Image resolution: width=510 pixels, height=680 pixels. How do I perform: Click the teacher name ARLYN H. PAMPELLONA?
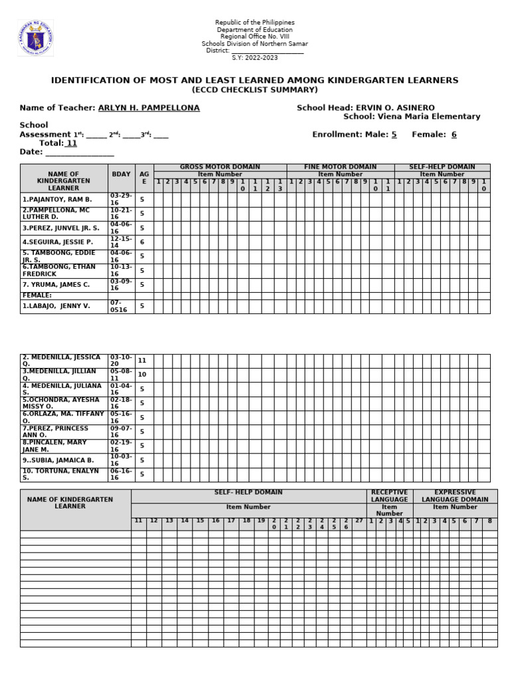(x=149, y=108)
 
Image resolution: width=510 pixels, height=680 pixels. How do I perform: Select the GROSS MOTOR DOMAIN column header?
(x=220, y=167)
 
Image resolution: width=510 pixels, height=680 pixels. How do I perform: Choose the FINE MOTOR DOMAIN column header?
(x=340, y=167)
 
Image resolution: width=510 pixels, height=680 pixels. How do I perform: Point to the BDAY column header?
(x=121, y=174)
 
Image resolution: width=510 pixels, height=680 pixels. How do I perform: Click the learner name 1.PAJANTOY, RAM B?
(x=57, y=199)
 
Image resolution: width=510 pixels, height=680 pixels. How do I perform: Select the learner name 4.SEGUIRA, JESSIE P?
(x=57, y=242)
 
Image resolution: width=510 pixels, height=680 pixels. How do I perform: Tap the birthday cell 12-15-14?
(x=122, y=242)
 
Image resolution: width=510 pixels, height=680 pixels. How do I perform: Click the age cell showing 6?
(x=142, y=242)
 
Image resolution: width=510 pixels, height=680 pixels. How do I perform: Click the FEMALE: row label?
(x=37, y=296)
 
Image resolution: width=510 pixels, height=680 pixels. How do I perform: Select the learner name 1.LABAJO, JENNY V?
(x=56, y=306)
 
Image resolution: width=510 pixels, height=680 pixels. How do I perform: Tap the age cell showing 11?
(x=142, y=361)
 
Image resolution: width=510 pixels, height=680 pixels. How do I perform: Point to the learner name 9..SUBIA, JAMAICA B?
(x=58, y=460)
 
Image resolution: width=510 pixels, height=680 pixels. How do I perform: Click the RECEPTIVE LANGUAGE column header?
(x=390, y=495)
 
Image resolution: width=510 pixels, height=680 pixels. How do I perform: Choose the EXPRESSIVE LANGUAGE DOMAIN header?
(x=455, y=495)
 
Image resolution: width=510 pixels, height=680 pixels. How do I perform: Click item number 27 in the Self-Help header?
(x=359, y=521)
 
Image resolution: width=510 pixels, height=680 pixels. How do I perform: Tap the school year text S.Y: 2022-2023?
(x=255, y=58)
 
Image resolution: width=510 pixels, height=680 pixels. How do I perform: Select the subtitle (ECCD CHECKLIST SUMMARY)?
(x=255, y=90)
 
